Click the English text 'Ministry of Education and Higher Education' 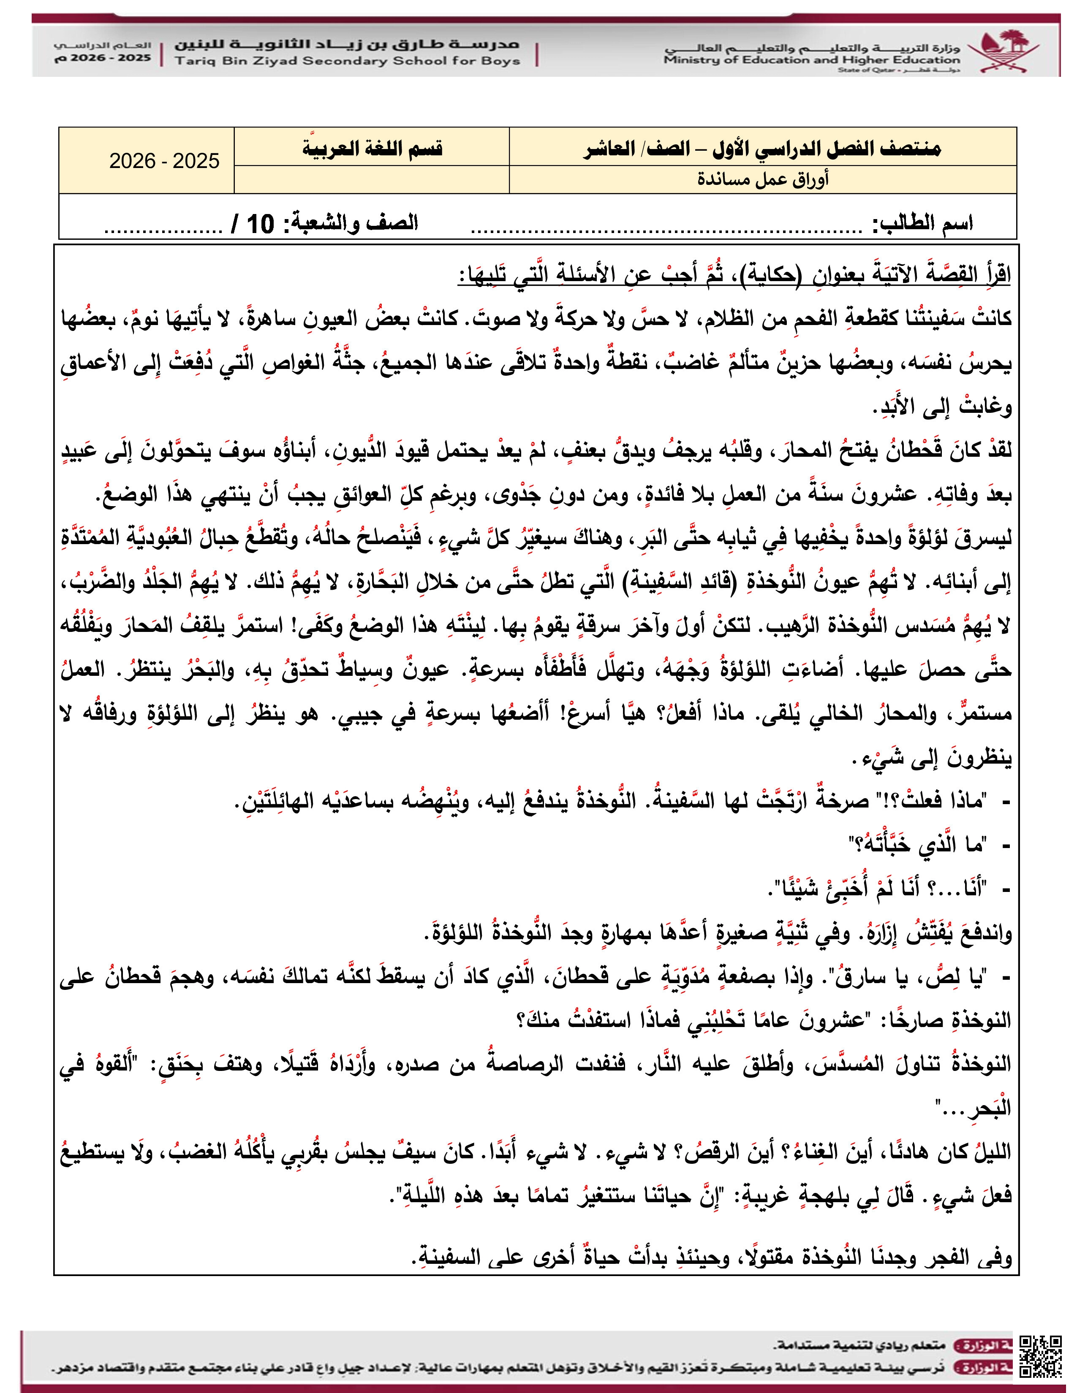coord(810,61)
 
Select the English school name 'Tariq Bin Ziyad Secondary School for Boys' coord(347,61)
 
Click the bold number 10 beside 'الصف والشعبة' coord(260,224)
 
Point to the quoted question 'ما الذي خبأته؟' coord(917,846)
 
